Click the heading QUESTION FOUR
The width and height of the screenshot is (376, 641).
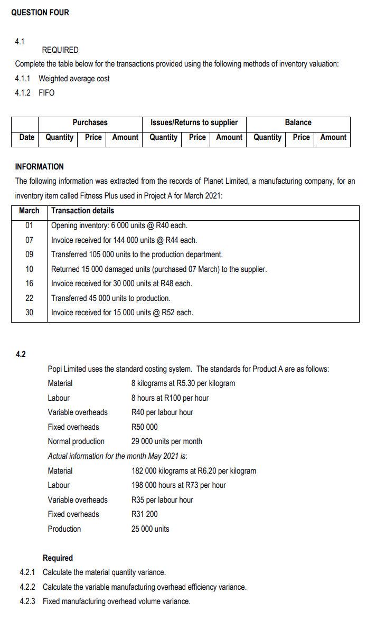coord(40,12)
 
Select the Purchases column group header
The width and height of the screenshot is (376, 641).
coord(90,122)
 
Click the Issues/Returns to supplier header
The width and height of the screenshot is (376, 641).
coord(194,122)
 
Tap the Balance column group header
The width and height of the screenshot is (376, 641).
coord(298,122)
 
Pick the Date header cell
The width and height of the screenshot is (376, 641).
coord(26,137)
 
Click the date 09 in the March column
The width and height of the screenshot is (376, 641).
coord(29,254)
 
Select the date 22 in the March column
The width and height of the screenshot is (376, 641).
coord(29,298)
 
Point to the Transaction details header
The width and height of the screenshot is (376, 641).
coord(82,211)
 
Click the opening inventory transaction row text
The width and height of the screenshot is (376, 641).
coord(116,225)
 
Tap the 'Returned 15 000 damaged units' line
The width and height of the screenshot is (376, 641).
coord(158,269)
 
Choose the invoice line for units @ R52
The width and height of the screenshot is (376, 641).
coord(122,313)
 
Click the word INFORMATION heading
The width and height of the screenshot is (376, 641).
coord(39,167)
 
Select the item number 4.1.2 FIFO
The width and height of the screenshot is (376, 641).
coord(35,93)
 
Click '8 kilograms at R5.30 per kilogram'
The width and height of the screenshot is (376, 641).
coord(183,383)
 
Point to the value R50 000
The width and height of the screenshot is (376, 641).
coord(144,427)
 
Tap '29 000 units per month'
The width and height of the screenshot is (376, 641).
coord(166,441)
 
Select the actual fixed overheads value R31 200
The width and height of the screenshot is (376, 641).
coord(144,514)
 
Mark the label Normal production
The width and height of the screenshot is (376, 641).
coord(76,441)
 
